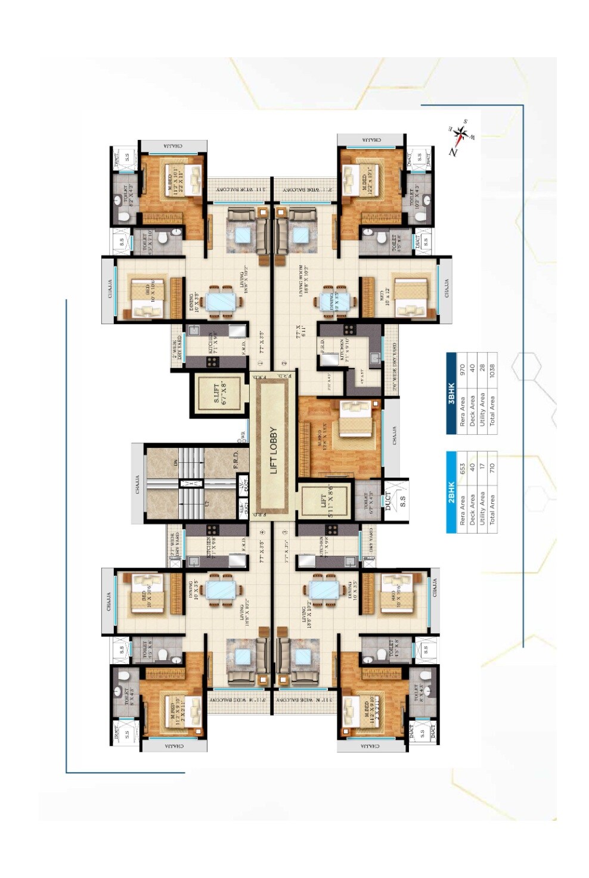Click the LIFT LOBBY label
(x=274, y=450)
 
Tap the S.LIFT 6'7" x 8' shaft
(x=217, y=393)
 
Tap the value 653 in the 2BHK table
(x=462, y=468)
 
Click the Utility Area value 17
(x=482, y=468)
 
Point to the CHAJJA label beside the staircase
(x=138, y=484)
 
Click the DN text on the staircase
(x=175, y=462)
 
